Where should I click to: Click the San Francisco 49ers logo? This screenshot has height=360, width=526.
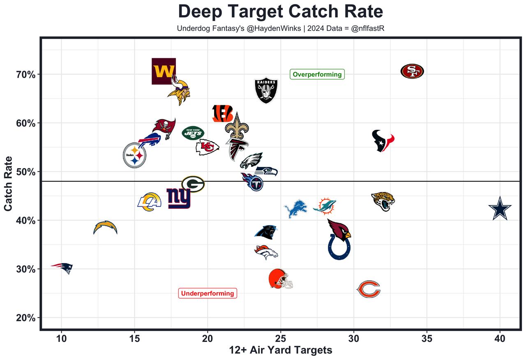(412, 71)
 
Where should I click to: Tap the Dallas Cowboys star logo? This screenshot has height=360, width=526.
(500, 209)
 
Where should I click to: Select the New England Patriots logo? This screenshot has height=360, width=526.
(62, 268)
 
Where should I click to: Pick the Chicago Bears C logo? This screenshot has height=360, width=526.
(369, 289)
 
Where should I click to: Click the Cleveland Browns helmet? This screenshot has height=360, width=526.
(281, 279)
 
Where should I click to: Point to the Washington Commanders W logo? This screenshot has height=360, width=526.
(164, 71)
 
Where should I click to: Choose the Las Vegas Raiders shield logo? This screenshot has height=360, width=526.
(266, 90)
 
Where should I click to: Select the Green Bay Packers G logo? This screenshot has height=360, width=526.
(193, 184)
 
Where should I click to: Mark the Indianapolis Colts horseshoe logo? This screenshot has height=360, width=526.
(339, 247)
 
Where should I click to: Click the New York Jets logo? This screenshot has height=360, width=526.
(193, 133)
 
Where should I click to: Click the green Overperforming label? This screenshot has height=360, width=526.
(317, 74)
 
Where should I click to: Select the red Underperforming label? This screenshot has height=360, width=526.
(208, 293)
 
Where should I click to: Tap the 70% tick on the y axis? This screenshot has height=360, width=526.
(26, 74)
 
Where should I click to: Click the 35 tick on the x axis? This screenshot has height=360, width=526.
(427, 338)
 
